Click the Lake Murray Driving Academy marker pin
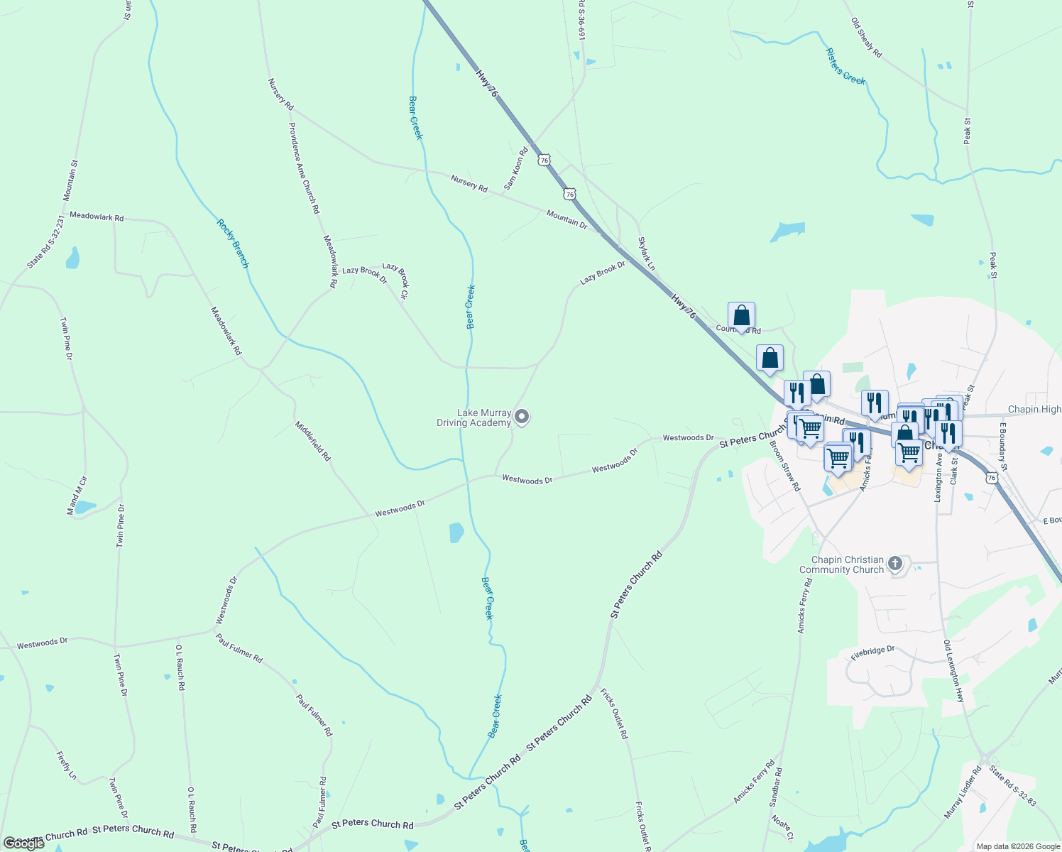[522, 417]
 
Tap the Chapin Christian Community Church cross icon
[895, 564]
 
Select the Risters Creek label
[845, 67]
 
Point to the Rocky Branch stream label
[234, 244]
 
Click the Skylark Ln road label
[647, 254]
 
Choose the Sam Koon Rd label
[516, 169]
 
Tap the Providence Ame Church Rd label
[304, 168]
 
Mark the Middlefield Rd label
[313, 441]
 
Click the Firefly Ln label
[67, 765]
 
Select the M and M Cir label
[77, 495]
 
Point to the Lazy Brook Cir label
[396, 280]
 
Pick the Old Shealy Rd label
[866, 38]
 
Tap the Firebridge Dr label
[873, 652]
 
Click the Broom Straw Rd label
[785, 466]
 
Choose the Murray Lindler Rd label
[963, 792]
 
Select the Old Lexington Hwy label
[954, 671]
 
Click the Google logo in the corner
[23, 843]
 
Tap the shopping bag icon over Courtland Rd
[741, 315]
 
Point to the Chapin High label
[1034, 410]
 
